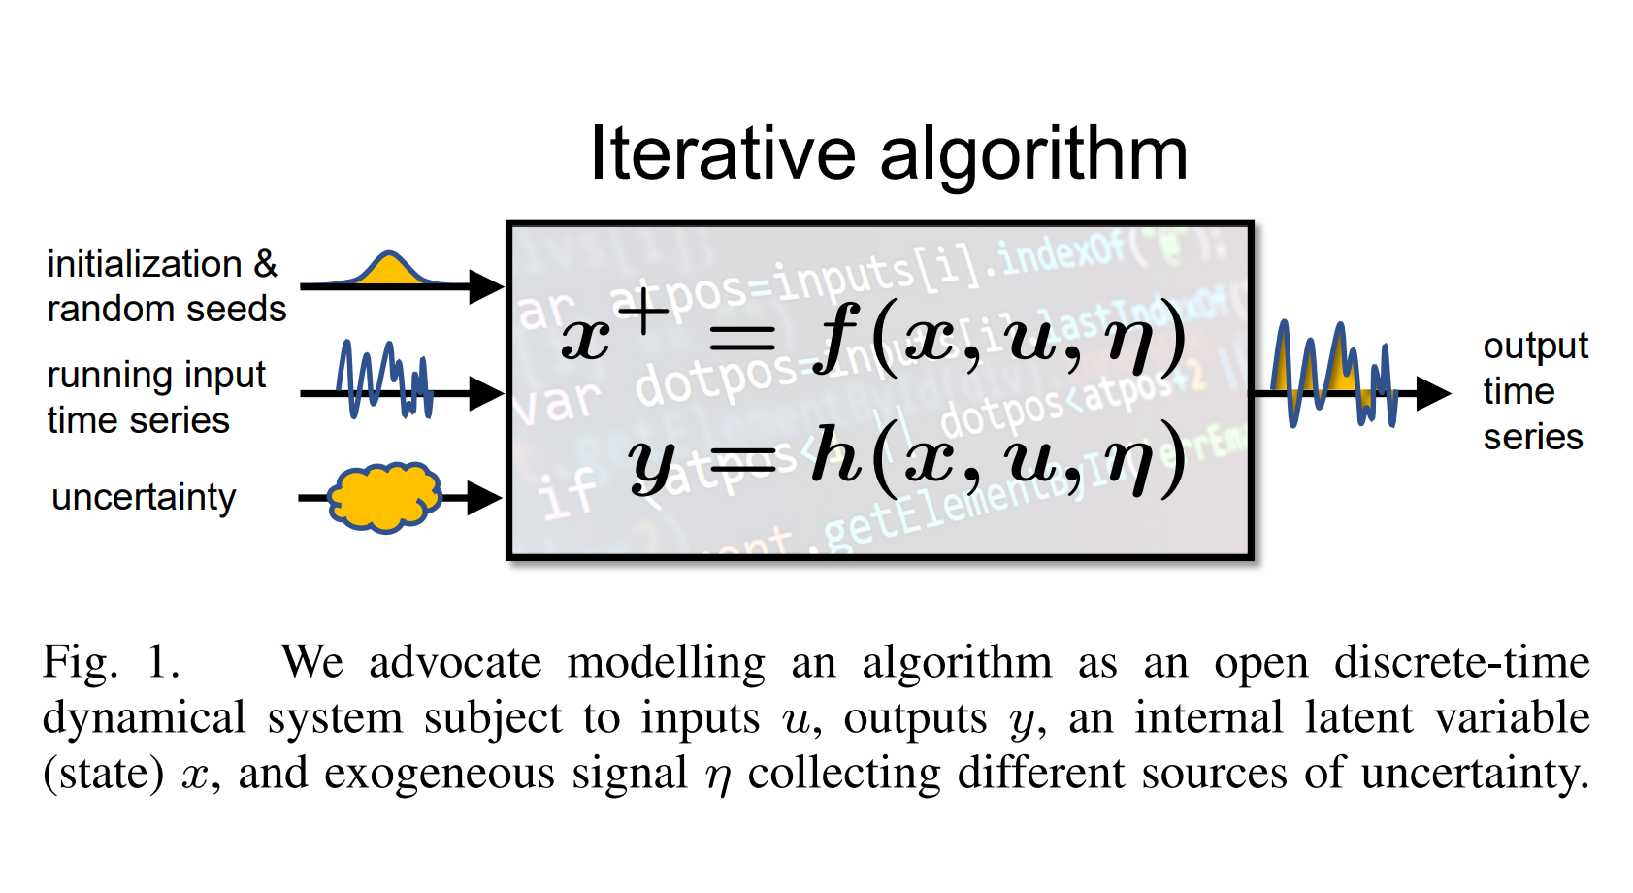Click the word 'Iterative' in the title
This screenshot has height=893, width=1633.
tap(723, 154)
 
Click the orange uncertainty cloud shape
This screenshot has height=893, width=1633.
tap(384, 497)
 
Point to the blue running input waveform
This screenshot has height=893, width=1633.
tap(384, 380)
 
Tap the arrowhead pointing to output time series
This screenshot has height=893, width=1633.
tap(1432, 393)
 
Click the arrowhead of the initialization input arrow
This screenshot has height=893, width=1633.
tap(486, 286)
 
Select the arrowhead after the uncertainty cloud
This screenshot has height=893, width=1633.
tap(484, 498)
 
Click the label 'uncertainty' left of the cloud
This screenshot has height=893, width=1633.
tap(144, 498)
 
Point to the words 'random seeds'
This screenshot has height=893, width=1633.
tap(166, 309)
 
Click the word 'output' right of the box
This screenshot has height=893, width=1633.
tap(1535, 346)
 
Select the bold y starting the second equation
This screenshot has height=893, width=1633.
tap(650, 462)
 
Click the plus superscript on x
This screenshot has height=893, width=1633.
tap(643, 313)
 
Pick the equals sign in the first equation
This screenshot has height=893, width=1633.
tap(742, 338)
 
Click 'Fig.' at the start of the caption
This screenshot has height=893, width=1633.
tap(80, 663)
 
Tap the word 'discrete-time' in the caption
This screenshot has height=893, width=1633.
tap(1461, 663)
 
